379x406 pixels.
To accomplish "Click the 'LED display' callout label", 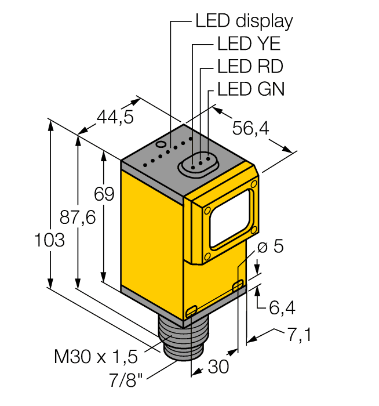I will pyautogui.click(x=243, y=21).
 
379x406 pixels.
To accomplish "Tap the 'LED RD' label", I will pyautogui.click(x=250, y=66).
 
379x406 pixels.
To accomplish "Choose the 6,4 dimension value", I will pyautogui.click(x=282, y=308).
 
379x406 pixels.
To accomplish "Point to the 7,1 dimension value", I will pyautogui.click(x=298, y=335).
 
